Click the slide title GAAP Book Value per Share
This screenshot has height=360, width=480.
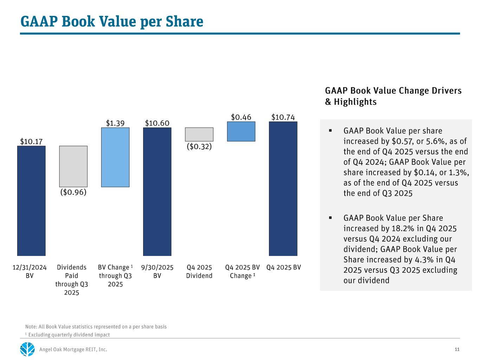click(x=112, y=21)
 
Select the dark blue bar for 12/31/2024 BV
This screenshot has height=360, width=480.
click(x=31, y=200)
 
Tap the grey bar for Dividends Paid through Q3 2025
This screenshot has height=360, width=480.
click(x=73, y=166)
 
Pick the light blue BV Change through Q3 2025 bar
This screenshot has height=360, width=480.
click(x=115, y=157)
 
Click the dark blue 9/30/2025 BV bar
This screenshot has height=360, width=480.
click(x=157, y=192)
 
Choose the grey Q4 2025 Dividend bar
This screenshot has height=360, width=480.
click(x=199, y=134)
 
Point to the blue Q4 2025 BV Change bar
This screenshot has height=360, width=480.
click(x=241, y=131)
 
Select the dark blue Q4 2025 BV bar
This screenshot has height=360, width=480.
click(x=283, y=188)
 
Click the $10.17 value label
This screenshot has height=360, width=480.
click(x=31, y=141)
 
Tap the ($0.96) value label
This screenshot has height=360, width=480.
click(x=73, y=192)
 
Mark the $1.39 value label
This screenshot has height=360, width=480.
click(x=115, y=123)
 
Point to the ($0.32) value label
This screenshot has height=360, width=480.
click(x=199, y=146)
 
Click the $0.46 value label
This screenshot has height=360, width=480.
click(x=241, y=117)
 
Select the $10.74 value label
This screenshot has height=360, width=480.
click(x=283, y=117)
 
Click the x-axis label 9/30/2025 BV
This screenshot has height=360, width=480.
click(x=157, y=271)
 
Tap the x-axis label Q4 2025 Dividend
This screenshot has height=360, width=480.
click(x=199, y=271)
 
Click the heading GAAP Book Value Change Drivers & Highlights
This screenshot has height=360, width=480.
click(x=393, y=96)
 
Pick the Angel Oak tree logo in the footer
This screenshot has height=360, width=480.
click(x=27, y=349)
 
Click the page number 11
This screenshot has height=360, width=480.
click(x=457, y=349)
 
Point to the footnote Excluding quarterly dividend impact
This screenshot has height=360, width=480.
click(x=69, y=335)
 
